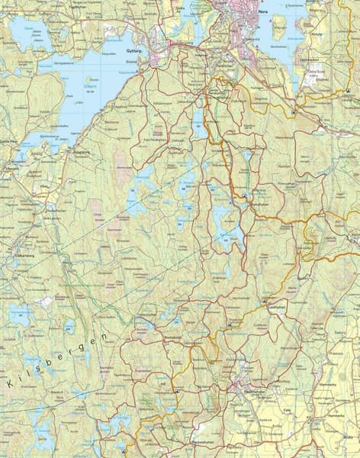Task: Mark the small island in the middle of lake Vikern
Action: (x=92, y=79)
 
